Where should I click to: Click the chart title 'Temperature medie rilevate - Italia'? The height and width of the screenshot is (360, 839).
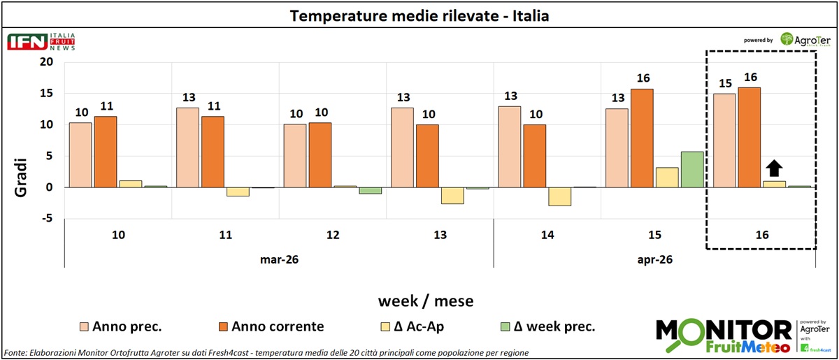tap(419, 15)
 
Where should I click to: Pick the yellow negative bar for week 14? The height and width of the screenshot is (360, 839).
tap(559, 196)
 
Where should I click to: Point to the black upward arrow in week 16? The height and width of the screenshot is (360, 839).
tap(774, 168)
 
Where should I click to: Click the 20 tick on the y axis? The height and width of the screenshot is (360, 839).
tap(46, 62)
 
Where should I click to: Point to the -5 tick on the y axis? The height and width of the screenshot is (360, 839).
tap(46, 219)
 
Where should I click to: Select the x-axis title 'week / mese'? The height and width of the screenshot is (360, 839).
tap(426, 301)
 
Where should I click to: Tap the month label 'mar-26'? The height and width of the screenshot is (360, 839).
tap(278, 259)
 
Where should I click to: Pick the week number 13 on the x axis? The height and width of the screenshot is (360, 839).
tap(440, 235)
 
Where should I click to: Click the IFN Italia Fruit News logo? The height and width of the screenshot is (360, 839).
tap(41, 41)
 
